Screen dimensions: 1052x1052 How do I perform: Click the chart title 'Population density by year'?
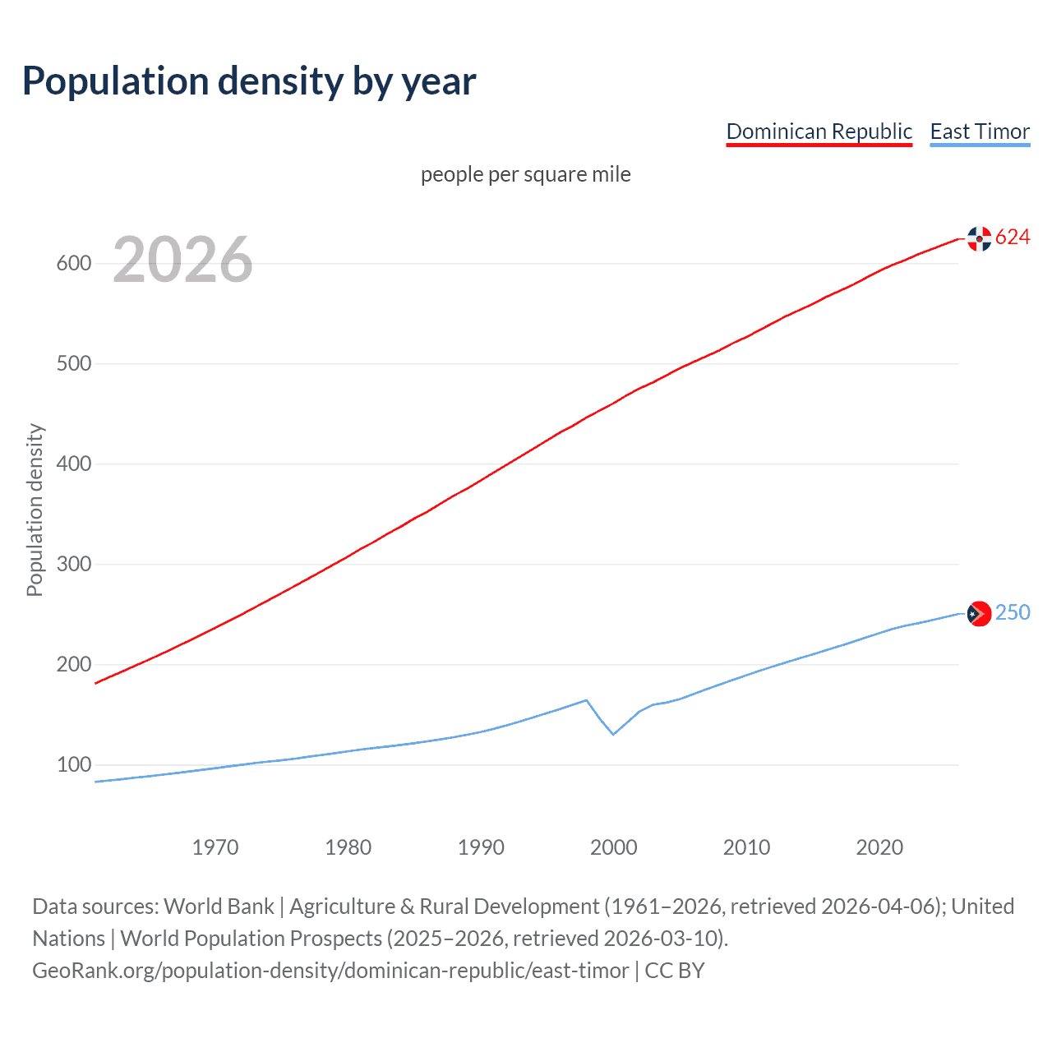pos(249,81)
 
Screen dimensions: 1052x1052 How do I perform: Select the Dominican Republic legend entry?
pos(819,131)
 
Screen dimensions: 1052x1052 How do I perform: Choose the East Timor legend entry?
pos(980,131)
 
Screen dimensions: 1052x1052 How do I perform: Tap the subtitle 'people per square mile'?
pos(525,174)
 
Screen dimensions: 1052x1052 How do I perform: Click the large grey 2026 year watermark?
pos(182,260)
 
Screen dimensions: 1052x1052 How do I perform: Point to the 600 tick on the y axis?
pos(73,264)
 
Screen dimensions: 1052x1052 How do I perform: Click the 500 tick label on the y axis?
pos(73,364)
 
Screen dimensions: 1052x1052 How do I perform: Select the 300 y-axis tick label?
pos(73,565)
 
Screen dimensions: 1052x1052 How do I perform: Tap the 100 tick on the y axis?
pos(73,765)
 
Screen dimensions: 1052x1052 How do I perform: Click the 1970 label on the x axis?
pos(215,847)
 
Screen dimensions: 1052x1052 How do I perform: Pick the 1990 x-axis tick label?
pos(481,847)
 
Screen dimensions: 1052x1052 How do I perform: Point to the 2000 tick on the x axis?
pos(614,847)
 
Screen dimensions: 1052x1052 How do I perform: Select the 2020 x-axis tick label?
pos(879,847)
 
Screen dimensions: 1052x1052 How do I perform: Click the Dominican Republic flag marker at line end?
pos(979,238)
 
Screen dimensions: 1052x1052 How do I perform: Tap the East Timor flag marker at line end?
pos(979,614)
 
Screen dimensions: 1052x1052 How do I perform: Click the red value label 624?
pos(1013,238)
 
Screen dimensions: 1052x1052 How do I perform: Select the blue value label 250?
pos(1013,613)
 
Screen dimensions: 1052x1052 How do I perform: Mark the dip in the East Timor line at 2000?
pos(613,734)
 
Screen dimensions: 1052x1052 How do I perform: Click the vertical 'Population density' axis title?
pos(35,510)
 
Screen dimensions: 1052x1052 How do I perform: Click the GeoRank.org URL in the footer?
pos(330,971)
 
